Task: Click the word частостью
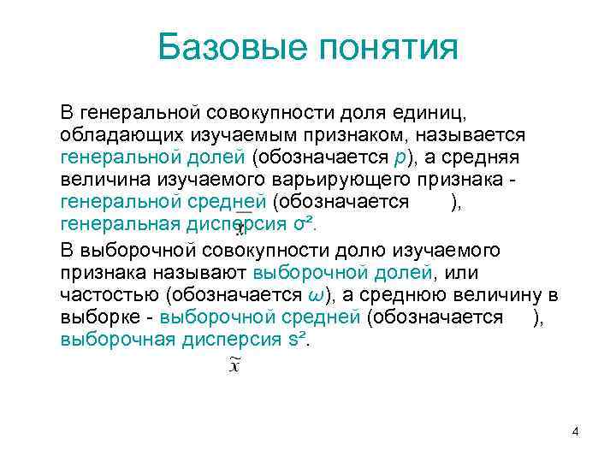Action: pyautogui.click(x=110, y=294)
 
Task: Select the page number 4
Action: pyautogui.click(x=576, y=432)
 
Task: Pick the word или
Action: pyautogui.click(x=463, y=272)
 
